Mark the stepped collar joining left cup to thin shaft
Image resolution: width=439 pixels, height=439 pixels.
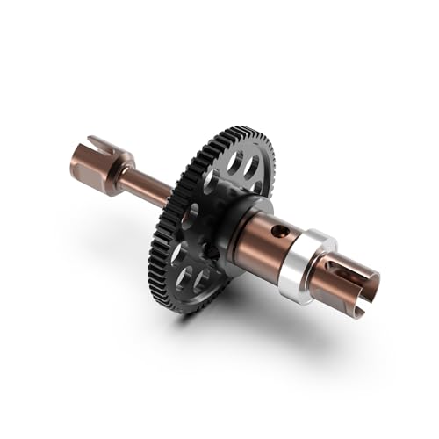click(x=122, y=170)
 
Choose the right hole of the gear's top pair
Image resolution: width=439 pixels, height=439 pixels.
click(x=251, y=167)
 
